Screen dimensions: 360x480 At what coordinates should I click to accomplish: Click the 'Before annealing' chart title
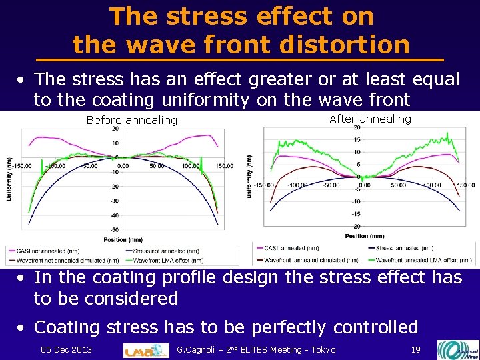pos(132,120)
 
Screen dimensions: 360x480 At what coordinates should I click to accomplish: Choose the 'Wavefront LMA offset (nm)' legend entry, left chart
pos(169,259)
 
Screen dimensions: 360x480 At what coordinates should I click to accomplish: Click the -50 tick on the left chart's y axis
pos(115,229)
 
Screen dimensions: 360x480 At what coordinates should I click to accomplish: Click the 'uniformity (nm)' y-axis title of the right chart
pos(249,177)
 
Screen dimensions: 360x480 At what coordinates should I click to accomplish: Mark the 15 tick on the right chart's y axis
pos(357,140)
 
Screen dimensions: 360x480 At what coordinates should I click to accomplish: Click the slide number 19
pos(415,349)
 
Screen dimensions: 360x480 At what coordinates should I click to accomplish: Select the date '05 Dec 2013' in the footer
pos(66,349)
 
